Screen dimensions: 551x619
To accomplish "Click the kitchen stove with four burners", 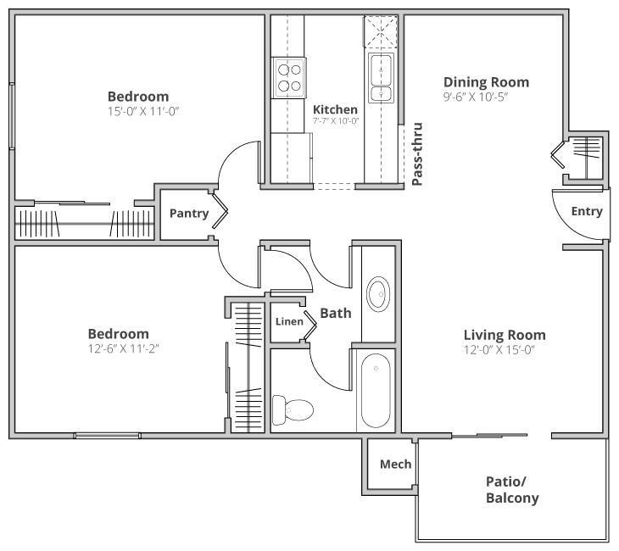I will (x=289, y=77).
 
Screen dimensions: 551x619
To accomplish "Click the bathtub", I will (x=375, y=391).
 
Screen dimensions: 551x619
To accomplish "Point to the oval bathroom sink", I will (x=378, y=294).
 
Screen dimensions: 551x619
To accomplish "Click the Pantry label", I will (x=188, y=214).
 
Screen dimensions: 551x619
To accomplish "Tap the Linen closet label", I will (x=289, y=321).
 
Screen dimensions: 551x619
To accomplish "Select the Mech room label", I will (x=395, y=464).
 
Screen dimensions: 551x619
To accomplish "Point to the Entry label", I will (x=587, y=211).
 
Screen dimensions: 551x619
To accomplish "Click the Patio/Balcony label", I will (x=512, y=490).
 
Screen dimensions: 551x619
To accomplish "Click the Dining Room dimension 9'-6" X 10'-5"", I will (x=486, y=97).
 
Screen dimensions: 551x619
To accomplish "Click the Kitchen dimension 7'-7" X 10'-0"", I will (x=336, y=122).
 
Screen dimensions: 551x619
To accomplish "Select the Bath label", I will (x=336, y=314).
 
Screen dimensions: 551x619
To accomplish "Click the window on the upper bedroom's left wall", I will (x=11, y=114).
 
